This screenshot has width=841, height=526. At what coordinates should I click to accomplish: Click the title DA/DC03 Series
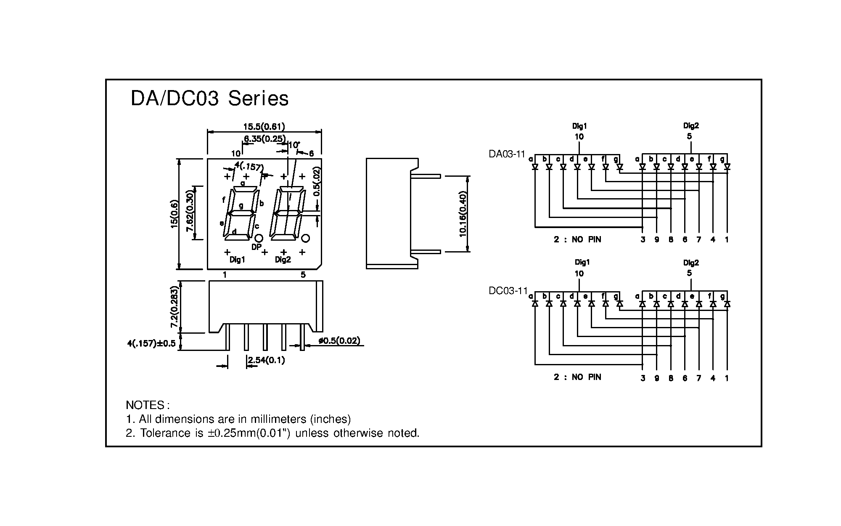point(209,99)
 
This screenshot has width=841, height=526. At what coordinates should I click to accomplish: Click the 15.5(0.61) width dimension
point(264,126)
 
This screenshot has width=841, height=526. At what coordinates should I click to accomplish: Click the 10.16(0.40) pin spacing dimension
point(463,214)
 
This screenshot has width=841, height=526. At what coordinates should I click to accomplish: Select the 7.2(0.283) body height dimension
point(174,307)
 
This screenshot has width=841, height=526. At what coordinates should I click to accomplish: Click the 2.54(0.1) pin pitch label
point(266,360)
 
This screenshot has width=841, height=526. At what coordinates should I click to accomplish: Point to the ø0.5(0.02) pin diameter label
point(339,340)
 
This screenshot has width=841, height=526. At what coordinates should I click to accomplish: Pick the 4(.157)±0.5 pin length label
point(151,343)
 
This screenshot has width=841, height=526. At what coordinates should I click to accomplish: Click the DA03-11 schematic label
point(507,154)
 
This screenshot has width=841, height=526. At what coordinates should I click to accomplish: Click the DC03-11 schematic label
point(508,291)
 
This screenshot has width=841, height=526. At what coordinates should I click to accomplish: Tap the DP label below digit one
point(256,247)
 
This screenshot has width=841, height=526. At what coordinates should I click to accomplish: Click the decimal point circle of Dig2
point(306,239)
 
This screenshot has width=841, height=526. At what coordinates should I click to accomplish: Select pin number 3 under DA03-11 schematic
point(643,240)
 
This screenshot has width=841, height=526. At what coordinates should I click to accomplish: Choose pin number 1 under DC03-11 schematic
point(727,378)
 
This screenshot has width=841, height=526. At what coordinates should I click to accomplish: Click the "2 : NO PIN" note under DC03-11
point(577,377)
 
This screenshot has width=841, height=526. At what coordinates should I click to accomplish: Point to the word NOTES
point(145,405)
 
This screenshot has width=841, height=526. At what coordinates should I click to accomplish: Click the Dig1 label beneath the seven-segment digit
point(237,260)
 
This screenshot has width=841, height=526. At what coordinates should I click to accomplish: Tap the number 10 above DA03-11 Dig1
point(579,137)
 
